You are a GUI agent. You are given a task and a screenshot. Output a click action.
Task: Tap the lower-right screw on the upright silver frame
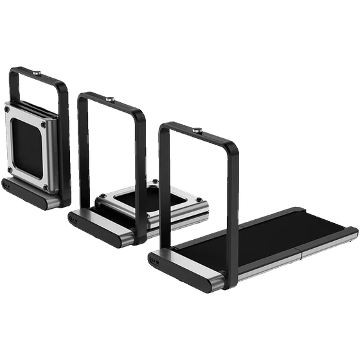[45, 187]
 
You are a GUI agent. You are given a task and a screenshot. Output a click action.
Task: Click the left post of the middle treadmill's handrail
[82, 154]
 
